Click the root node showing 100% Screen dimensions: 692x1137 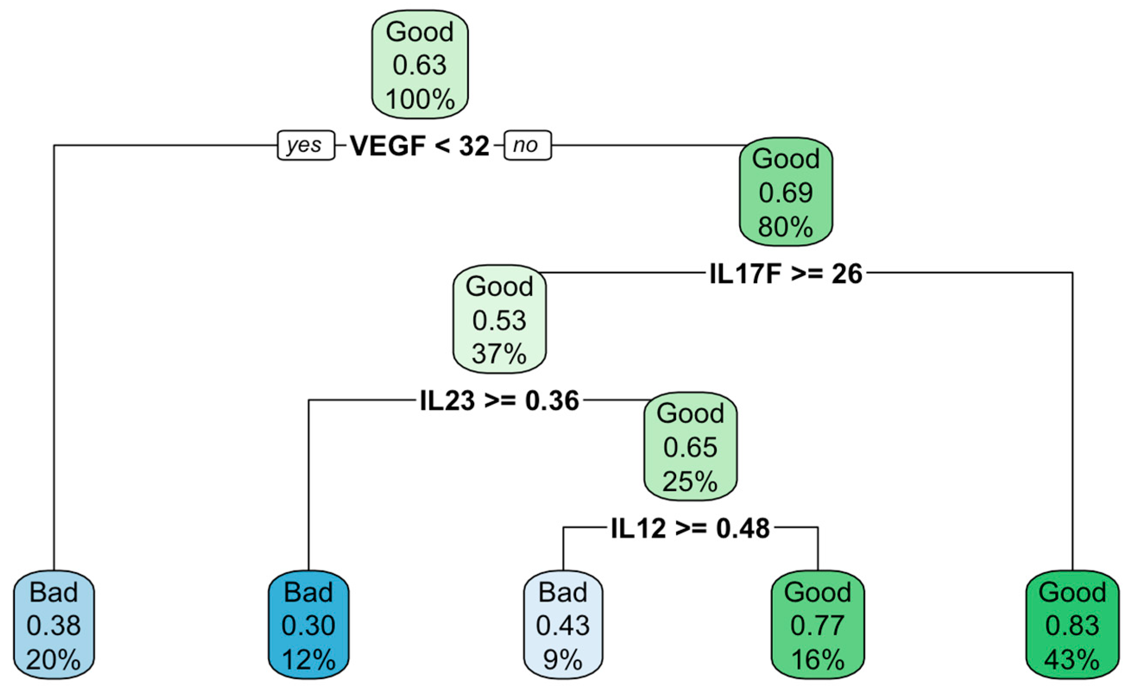(x=420, y=65)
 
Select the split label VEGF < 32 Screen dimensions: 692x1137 (x=419, y=146)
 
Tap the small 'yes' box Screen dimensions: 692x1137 (x=306, y=145)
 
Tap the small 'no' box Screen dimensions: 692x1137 (x=527, y=145)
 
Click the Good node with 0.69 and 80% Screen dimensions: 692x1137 (x=786, y=192)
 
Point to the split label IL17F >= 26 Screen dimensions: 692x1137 (x=785, y=274)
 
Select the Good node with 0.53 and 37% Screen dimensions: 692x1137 (x=499, y=319)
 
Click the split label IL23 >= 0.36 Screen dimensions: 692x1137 (x=499, y=400)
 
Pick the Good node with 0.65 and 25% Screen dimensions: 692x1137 (x=690, y=447)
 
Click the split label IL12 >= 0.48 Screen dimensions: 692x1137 (x=690, y=528)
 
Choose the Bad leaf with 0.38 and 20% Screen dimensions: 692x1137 (x=54, y=625)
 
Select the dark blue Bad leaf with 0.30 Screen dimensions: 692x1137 (x=308, y=625)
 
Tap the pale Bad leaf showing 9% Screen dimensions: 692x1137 (x=563, y=625)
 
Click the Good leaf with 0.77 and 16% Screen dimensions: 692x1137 (x=818, y=625)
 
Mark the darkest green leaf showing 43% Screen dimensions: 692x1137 (x=1072, y=625)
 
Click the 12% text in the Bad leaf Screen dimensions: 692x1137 (x=308, y=660)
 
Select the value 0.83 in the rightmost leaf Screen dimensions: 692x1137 (x=1072, y=626)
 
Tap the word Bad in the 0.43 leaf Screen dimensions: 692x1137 (x=563, y=592)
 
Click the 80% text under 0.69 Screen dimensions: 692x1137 (x=786, y=227)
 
